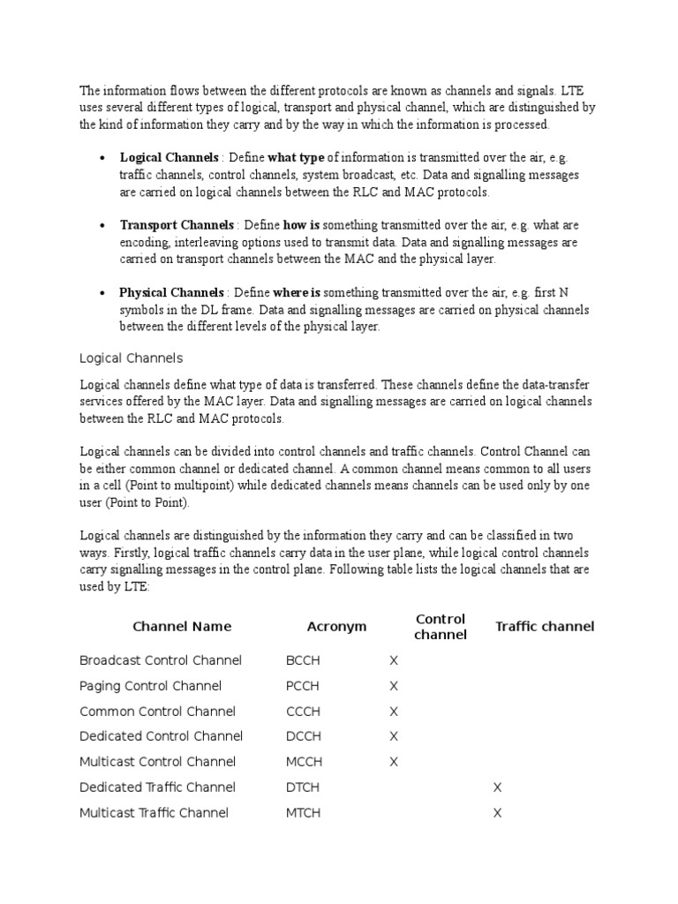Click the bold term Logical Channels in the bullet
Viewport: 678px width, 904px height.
coord(169,158)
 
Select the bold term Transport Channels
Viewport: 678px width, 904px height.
coord(177,225)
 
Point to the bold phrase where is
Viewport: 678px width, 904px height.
coord(297,292)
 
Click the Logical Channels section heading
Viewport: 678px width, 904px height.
coord(131,358)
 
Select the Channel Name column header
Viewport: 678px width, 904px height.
coord(182,627)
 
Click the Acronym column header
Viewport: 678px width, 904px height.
coord(336,627)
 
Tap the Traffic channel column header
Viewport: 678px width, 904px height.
coord(545,627)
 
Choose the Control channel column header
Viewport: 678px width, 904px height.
coord(441,627)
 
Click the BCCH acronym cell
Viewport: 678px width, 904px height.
coord(303,660)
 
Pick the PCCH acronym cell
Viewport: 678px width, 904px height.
coord(303,686)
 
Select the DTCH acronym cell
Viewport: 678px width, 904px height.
coord(303,787)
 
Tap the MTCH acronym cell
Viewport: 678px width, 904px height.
coord(303,813)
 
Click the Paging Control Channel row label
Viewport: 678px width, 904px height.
coord(150,686)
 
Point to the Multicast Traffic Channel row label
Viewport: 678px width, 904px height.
coord(154,813)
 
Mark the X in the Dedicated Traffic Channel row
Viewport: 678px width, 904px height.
coord(497,787)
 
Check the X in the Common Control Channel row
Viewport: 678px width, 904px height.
coord(394,712)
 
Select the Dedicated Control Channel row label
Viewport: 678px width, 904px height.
coord(161,736)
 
